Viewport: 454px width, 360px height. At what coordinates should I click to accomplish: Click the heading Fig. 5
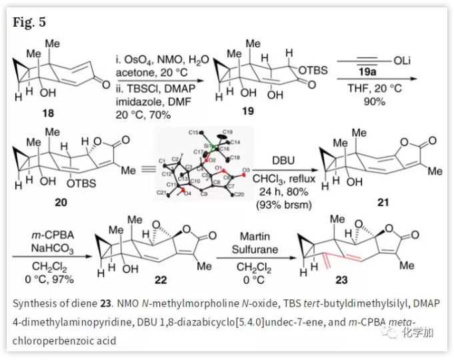tap(29, 23)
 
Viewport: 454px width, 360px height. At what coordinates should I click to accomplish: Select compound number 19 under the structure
tap(247, 111)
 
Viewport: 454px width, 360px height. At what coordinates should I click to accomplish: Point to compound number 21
tap(383, 203)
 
